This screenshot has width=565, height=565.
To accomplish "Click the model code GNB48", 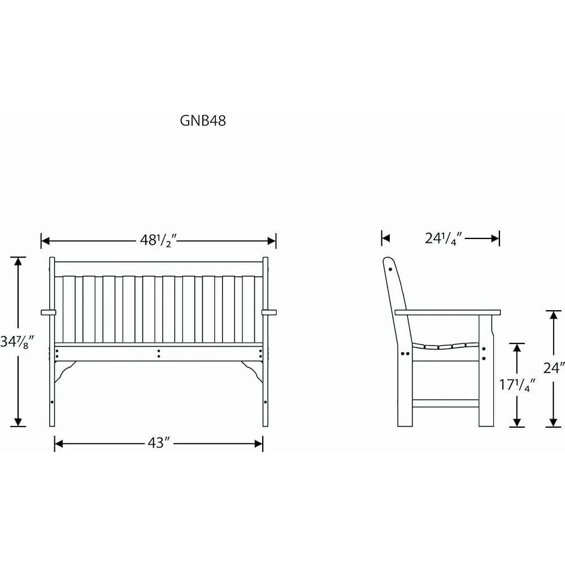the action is point(203,121).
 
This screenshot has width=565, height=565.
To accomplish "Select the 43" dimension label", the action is point(159,443).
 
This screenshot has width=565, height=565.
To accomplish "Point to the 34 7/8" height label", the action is point(18,341).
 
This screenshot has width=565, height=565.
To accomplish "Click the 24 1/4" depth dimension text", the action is point(444,238).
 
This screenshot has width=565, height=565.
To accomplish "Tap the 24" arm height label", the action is point(554,368).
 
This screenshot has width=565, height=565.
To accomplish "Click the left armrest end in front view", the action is point(48,312).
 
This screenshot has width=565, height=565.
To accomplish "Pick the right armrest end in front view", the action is point(269,312).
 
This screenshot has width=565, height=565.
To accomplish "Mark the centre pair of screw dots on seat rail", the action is point(159,354).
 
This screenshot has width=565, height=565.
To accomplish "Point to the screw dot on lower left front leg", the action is point(52,402).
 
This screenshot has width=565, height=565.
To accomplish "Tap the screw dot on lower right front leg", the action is point(266,402).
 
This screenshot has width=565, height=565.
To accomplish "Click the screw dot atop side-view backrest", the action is point(390,269).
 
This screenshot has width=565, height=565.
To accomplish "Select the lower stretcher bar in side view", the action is point(445,403).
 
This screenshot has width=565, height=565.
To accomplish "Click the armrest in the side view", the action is point(448,312).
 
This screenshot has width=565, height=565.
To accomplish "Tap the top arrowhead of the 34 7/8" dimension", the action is point(18,262).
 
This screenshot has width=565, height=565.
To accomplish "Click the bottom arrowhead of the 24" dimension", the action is point(553,422).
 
